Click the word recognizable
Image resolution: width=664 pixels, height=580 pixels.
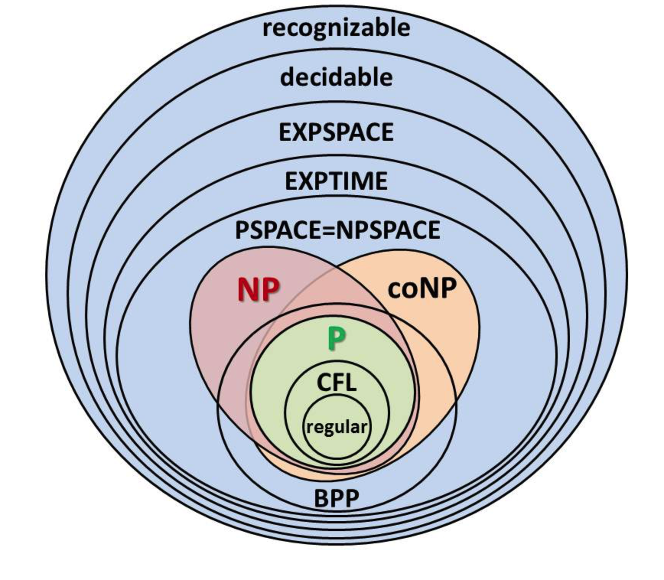coord(336,28)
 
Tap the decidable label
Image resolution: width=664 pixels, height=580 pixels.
coord(336,77)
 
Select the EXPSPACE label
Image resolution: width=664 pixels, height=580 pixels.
coord(336,132)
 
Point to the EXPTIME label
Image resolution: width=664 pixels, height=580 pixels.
coord(336,181)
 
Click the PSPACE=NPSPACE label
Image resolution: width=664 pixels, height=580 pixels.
coord(338,230)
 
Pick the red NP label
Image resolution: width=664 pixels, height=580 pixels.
coord(259,290)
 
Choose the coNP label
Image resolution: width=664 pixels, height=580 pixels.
coord(422,288)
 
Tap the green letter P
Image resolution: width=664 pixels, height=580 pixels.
coord(337,339)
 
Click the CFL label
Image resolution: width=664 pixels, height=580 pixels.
coord(337,382)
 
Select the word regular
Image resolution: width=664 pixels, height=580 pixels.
coord(337,427)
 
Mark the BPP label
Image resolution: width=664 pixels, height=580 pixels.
coord(337,499)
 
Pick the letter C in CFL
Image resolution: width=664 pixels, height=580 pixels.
coord(324,382)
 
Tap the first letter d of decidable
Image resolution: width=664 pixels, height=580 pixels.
coord(288,77)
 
